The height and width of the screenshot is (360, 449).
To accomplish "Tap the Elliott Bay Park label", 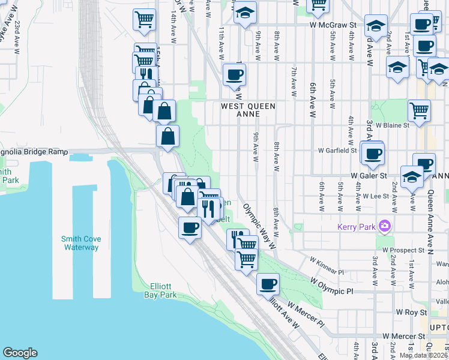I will tap(160, 290).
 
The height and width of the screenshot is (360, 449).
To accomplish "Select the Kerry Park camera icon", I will tap(385, 226).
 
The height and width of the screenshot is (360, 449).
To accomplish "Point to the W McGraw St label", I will tap(333, 25).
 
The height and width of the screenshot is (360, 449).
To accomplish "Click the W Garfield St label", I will tap(337, 150).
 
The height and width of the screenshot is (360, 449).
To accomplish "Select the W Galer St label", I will tap(370, 175).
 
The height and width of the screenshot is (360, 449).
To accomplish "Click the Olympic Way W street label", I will tap(259, 226).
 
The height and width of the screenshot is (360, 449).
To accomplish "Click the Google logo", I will tap(20, 353).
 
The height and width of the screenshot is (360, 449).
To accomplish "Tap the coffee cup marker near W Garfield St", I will tap(373, 153).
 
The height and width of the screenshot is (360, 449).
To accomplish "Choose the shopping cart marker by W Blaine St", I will tap(419, 110).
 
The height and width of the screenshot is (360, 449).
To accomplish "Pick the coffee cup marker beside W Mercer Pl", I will tap(268, 284).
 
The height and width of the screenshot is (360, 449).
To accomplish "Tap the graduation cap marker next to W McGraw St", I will tap(375, 26).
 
